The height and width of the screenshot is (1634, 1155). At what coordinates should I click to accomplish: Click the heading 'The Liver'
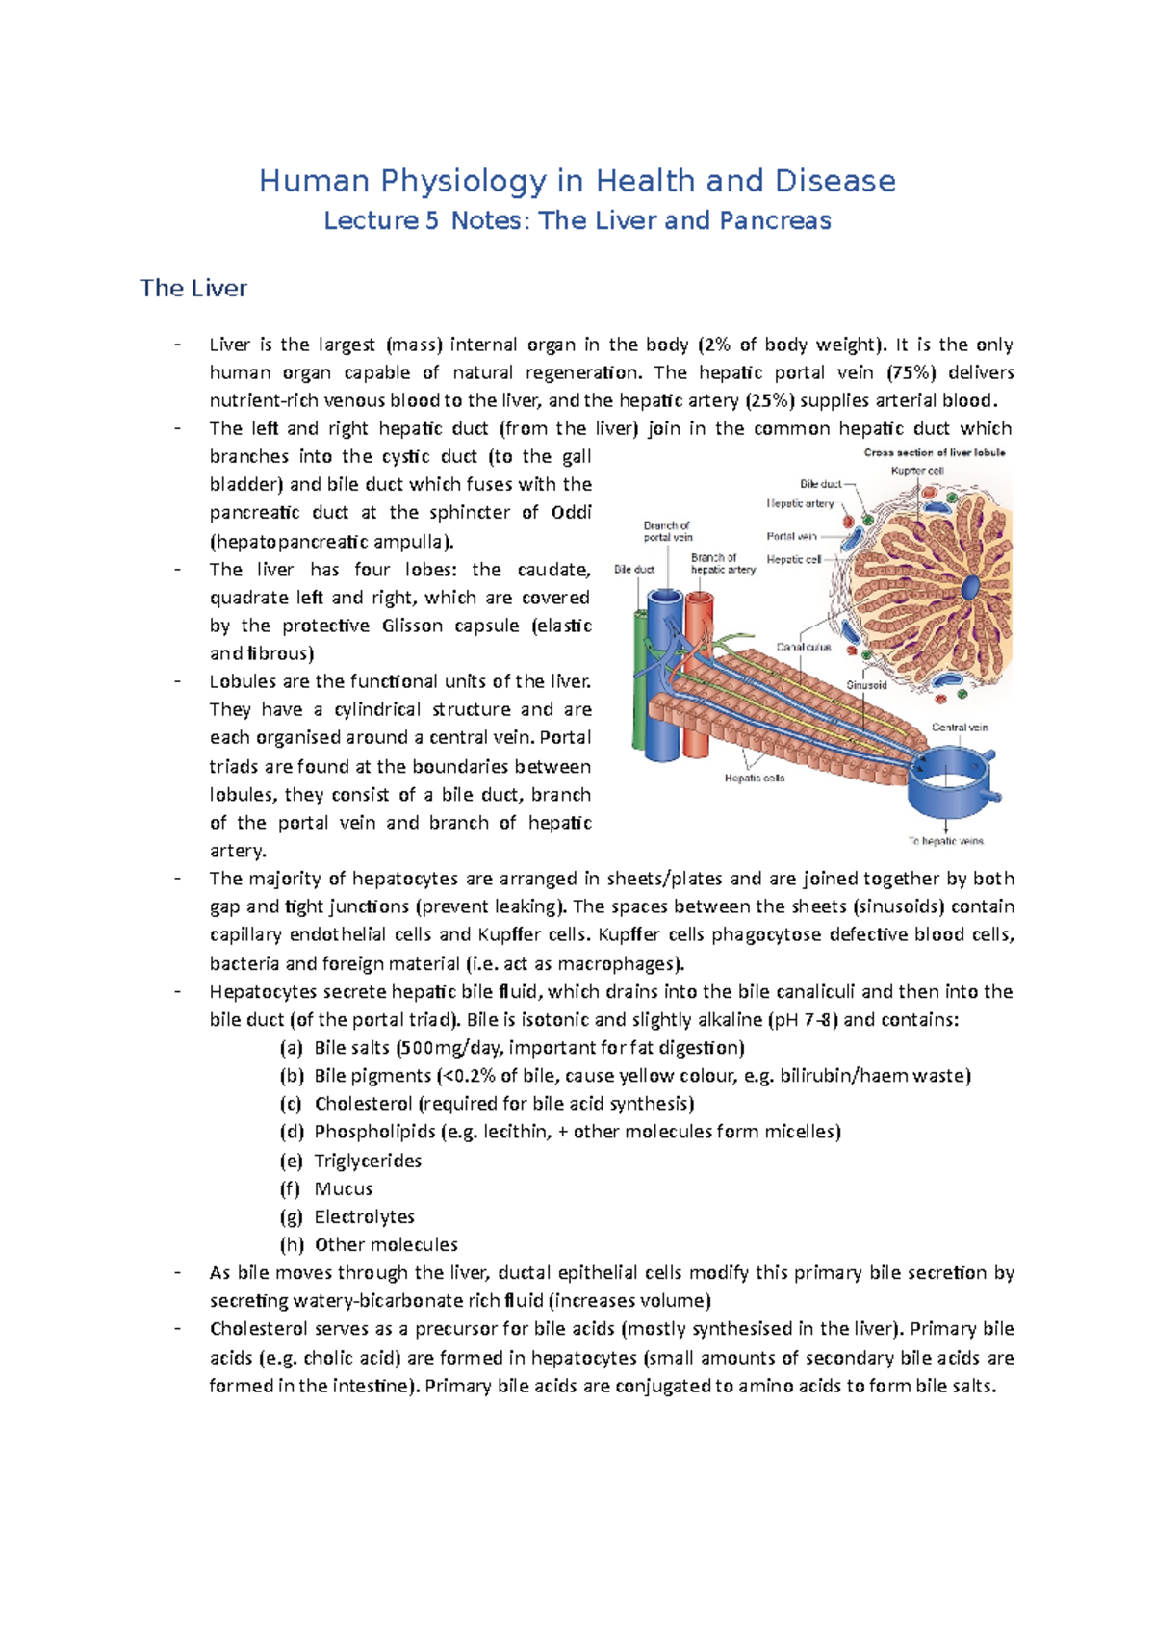pos(192,288)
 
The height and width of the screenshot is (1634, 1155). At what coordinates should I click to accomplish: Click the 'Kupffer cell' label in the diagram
pos(916,471)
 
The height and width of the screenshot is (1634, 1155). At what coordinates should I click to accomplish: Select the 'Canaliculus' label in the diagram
pos(804,647)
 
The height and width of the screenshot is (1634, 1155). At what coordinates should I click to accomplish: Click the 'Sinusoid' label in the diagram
pos(866,685)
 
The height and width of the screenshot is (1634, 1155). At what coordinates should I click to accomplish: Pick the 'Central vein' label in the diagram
pos(959,728)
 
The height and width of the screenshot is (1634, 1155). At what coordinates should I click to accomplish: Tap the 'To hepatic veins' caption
pos(946,841)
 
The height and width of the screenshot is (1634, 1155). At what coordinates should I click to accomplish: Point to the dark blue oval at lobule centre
pos(971,586)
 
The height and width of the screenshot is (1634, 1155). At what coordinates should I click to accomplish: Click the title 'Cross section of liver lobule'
pos(934,452)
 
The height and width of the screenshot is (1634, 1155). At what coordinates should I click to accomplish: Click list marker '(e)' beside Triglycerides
pos(291,1161)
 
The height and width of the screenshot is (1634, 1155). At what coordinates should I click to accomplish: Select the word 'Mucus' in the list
pos(343,1188)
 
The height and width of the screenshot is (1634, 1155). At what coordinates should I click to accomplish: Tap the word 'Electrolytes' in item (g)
pos(364,1216)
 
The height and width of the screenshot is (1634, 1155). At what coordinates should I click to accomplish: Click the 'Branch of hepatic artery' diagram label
pos(722,564)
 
